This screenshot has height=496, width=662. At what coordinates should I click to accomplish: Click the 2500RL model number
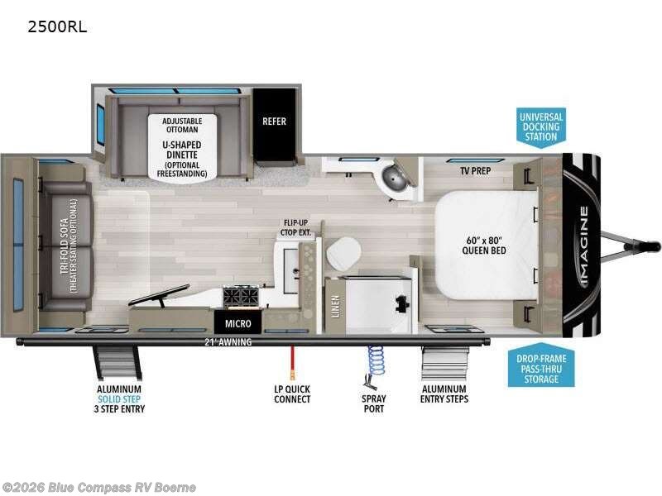57,26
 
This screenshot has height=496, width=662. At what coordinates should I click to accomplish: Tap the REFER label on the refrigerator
274,122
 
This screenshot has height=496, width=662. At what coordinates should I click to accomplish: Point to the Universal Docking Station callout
541,126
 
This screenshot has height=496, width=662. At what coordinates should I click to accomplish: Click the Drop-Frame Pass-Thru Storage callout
541,367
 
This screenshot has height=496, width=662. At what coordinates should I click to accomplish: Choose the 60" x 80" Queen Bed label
484,245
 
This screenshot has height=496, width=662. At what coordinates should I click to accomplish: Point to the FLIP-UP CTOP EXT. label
300,227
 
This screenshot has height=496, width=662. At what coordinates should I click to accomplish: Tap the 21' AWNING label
228,341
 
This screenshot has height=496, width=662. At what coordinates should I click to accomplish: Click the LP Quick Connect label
292,393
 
